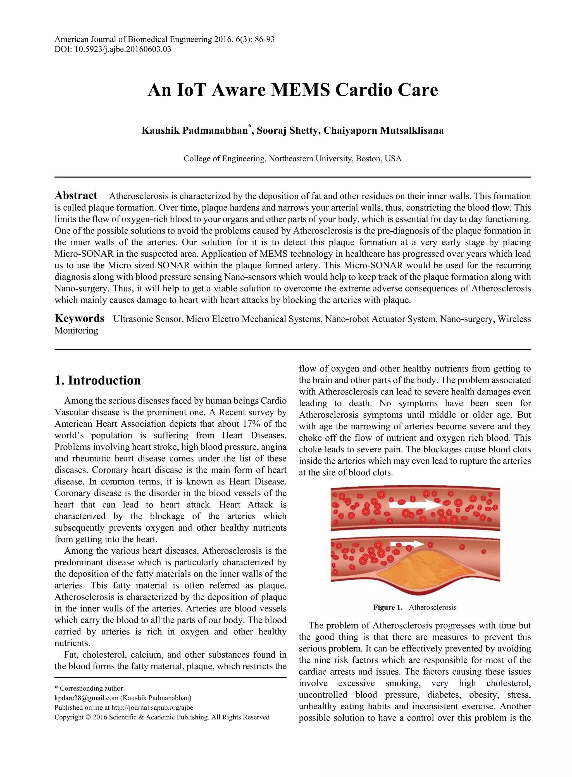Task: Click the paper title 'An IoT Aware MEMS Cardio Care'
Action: [x=293, y=90]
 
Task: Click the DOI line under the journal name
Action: [x=113, y=49]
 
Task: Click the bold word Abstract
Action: [x=76, y=195]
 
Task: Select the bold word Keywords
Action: [x=79, y=318]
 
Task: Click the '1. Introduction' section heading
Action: [x=98, y=380]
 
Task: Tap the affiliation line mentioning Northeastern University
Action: [x=293, y=159]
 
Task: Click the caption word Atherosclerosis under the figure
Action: [x=432, y=607]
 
